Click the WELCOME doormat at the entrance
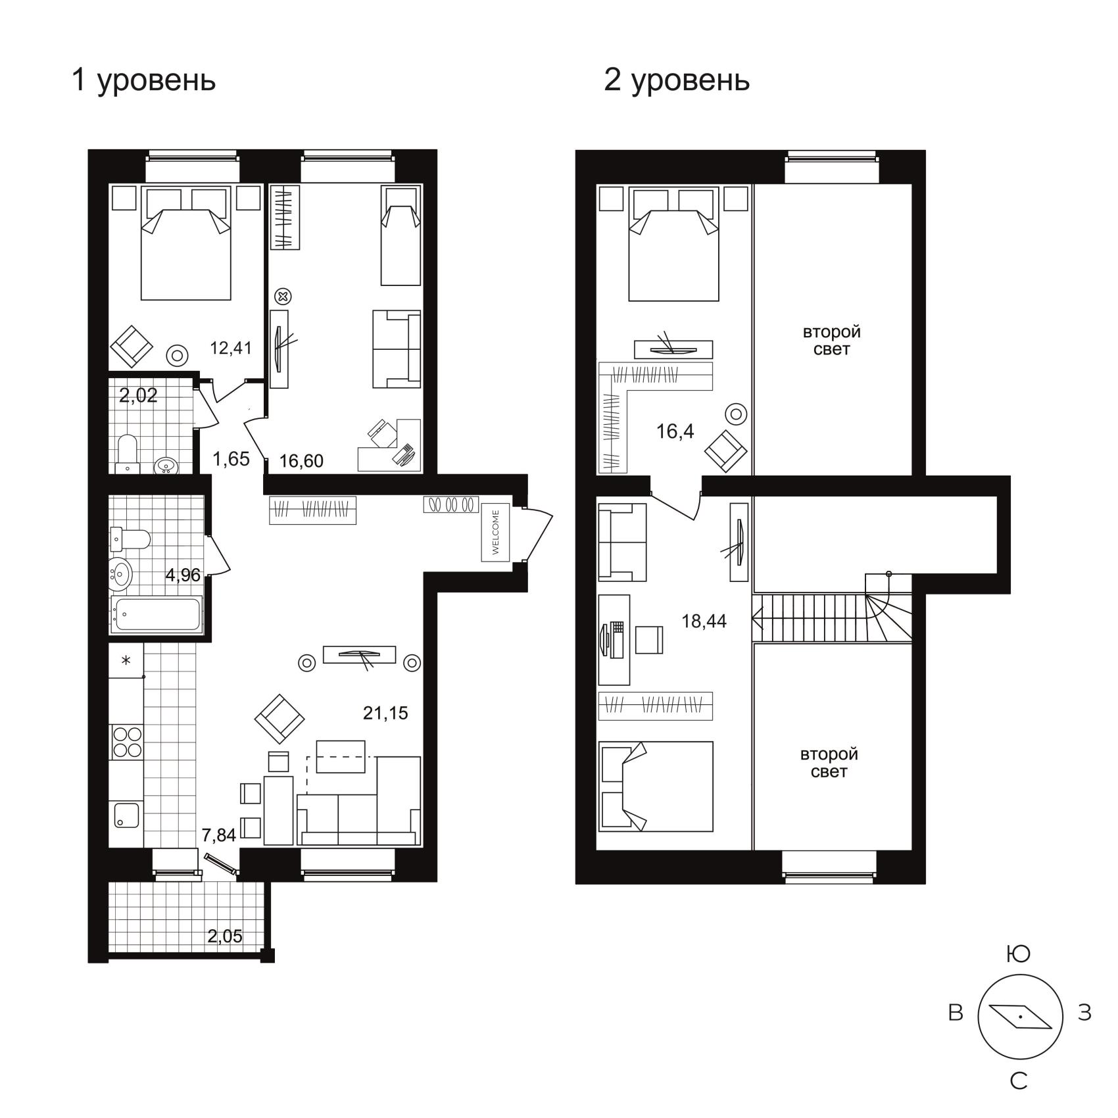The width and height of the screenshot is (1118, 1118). (x=496, y=532)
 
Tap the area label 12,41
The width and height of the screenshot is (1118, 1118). (x=231, y=347)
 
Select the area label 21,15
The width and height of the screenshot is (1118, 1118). (x=385, y=712)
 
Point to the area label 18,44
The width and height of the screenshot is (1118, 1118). (x=704, y=621)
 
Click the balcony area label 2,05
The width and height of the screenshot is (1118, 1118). (x=225, y=936)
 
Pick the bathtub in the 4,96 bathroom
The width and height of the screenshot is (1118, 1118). (x=156, y=614)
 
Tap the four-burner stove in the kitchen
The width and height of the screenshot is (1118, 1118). (x=127, y=741)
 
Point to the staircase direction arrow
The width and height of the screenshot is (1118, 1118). (x=757, y=618)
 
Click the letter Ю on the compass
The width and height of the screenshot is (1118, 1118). (x=1019, y=954)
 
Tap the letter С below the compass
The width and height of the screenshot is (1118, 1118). (x=1019, y=1081)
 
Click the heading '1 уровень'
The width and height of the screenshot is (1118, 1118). (x=143, y=80)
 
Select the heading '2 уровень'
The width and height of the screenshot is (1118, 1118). (x=677, y=80)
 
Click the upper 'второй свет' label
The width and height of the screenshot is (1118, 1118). (x=831, y=340)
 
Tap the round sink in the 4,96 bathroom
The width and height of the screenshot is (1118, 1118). (x=120, y=574)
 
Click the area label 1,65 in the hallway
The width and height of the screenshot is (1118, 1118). (x=231, y=458)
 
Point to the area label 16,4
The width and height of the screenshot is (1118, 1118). (x=675, y=431)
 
